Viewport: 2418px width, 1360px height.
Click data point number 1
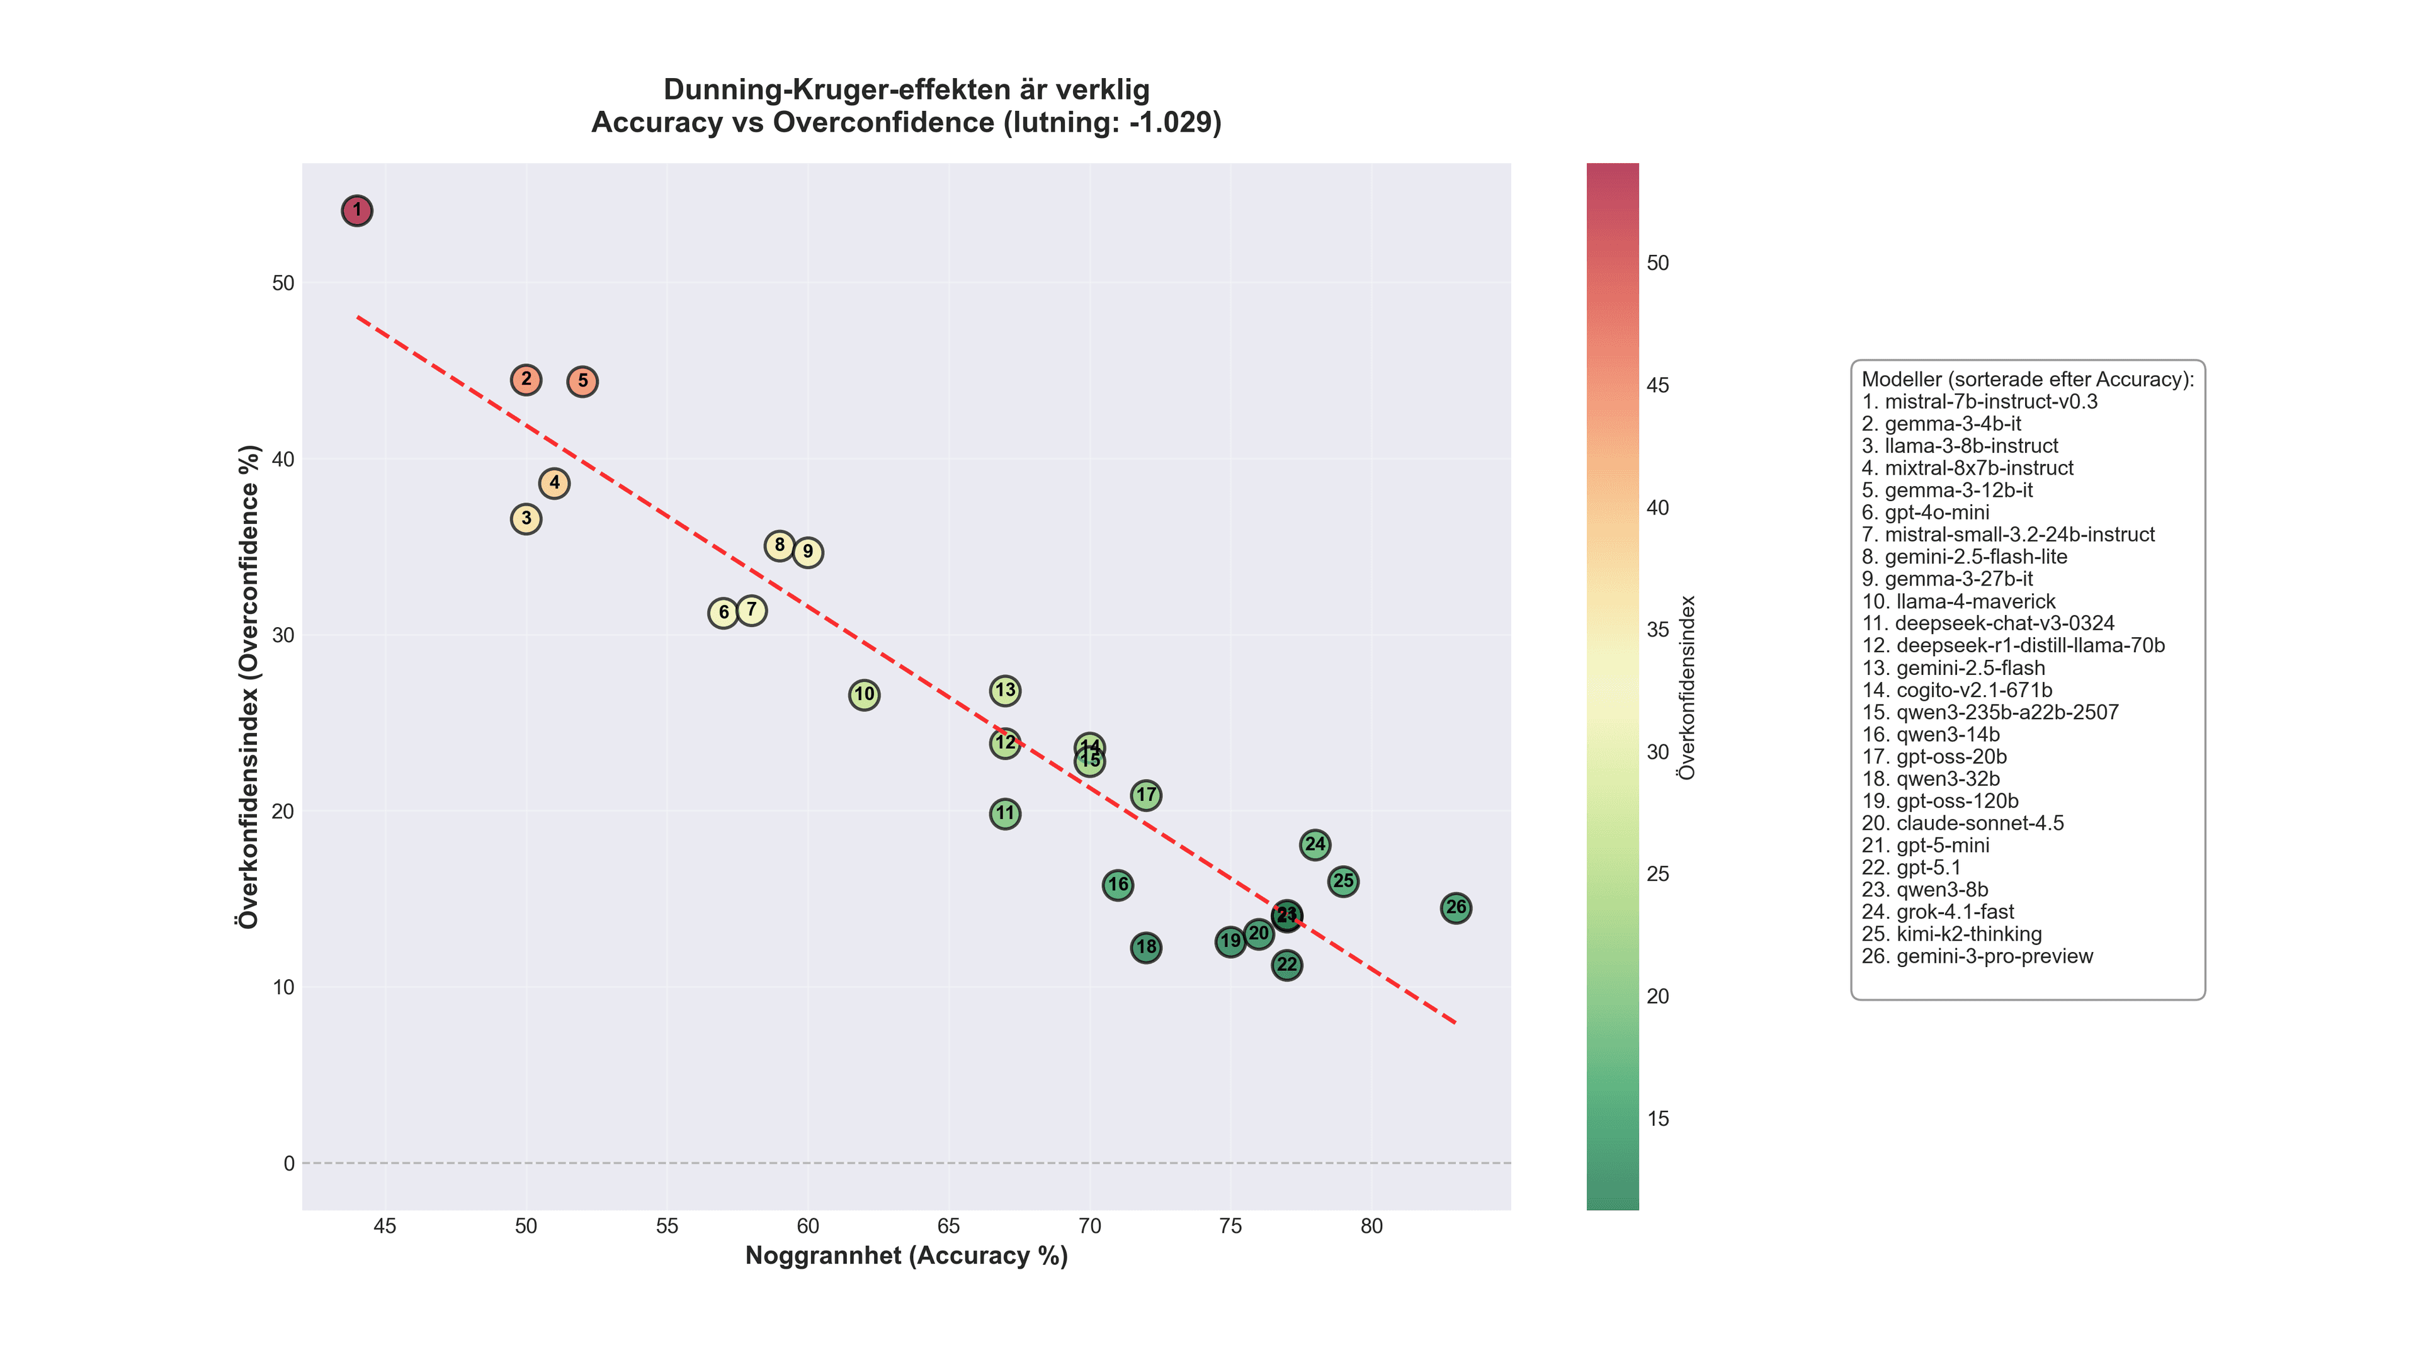(356, 210)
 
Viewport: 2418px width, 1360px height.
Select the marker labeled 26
(1456, 907)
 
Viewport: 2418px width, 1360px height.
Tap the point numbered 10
(865, 696)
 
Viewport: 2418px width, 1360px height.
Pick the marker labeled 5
(583, 381)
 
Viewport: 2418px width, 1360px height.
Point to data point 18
(1146, 948)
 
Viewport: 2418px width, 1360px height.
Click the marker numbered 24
(1315, 845)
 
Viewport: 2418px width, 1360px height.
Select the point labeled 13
(1006, 691)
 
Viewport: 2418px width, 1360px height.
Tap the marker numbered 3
(526, 519)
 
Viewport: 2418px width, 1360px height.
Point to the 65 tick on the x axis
(949, 1227)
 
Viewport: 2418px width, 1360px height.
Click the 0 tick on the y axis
(289, 1163)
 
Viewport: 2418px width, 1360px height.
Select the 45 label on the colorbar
(1658, 386)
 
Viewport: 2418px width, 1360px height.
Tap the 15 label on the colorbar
(1658, 1119)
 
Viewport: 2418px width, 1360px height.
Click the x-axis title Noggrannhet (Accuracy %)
(906, 1256)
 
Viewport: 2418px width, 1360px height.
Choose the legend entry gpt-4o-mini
(1925, 513)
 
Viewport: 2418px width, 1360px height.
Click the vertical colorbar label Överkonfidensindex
(1687, 687)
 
